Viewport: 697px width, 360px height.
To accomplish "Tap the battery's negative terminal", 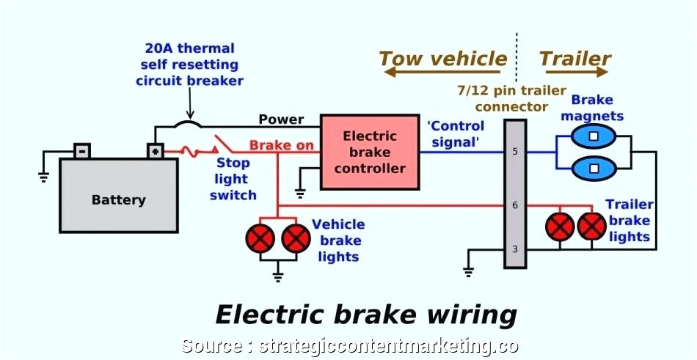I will point(81,150).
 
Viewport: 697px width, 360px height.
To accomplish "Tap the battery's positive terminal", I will point(156,150).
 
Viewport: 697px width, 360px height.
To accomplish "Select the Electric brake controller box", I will point(370,152).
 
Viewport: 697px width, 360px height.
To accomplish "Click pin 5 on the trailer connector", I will point(515,153).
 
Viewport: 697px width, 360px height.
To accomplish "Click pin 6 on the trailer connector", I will point(515,205).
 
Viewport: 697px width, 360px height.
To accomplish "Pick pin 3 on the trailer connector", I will point(515,249).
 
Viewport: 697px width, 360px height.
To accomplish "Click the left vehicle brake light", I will point(261,238).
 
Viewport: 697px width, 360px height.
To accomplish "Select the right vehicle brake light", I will point(296,238).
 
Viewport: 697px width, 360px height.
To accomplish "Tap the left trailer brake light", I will point(561,227).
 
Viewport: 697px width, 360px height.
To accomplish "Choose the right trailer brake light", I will point(591,227).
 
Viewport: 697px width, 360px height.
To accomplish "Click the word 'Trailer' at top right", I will point(574,59).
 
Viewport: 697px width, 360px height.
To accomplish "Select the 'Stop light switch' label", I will point(233,179).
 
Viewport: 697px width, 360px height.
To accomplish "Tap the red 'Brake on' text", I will point(281,145).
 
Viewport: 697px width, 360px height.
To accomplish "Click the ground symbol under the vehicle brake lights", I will point(278,276).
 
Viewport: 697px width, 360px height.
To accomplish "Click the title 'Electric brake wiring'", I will point(365,315).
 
